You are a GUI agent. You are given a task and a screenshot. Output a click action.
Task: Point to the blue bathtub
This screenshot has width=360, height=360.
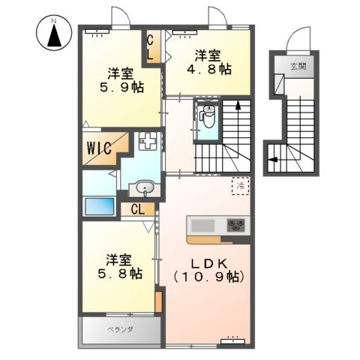click(99, 206)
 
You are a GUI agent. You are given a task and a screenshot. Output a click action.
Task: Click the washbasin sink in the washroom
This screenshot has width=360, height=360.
click(145, 188)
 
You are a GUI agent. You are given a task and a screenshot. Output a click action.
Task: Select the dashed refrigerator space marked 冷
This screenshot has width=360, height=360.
click(241, 184)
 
